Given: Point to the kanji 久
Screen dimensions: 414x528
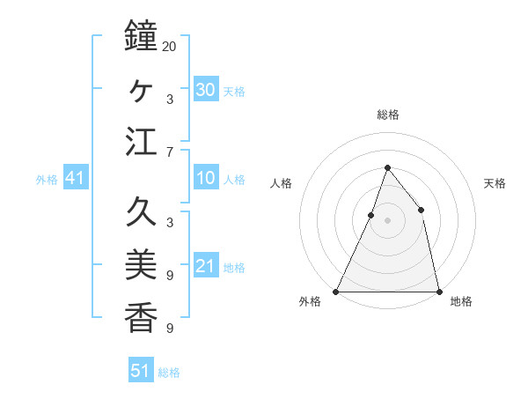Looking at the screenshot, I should pos(141,212).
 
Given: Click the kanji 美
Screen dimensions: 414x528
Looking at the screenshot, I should pos(141,265).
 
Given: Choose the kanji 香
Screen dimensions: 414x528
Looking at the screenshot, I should pos(141,318).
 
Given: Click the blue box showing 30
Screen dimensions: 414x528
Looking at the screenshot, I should pos(206,90).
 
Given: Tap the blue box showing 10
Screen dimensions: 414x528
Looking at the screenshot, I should pos(206,179).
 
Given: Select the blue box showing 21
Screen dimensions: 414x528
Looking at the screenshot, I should pos(206,266).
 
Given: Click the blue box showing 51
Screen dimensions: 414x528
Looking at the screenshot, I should pos(141,371).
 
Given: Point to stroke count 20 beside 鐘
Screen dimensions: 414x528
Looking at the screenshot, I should pos(169,45).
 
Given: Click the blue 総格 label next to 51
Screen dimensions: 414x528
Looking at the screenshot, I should pos(169,373).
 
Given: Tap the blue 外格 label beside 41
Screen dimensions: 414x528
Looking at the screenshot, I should pos(47,180).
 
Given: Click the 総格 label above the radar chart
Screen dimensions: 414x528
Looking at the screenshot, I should pos(387,115).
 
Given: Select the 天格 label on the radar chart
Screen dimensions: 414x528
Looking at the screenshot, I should pos(495,183).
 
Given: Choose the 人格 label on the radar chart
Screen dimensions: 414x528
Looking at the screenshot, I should pos(281,183).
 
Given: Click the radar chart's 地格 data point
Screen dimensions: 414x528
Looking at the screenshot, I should pos(438,291).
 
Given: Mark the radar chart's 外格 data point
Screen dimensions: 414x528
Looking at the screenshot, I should pos(336,291).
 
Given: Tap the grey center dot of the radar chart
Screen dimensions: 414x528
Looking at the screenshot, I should pos(387,220).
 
